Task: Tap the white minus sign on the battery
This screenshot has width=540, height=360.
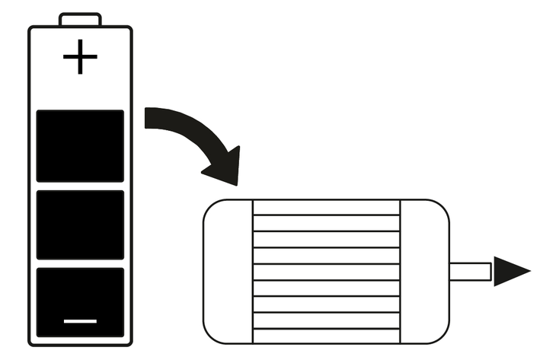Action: pyautogui.click(x=80, y=320)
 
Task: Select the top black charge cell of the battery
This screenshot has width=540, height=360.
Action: pyautogui.click(x=80, y=145)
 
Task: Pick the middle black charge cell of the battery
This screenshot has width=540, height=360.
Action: pyautogui.click(x=80, y=225)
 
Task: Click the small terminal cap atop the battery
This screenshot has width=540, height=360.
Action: pyautogui.click(x=80, y=19)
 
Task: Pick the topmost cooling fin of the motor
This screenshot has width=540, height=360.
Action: pyautogui.click(x=326, y=207)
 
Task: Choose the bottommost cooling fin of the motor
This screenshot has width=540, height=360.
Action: pyautogui.click(x=326, y=338)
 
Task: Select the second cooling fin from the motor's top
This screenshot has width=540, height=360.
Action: pyautogui.click(x=326, y=223)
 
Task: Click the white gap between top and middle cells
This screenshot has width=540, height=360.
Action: pyautogui.click(x=80, y=186)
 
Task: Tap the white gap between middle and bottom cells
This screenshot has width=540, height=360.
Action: pyautogui.click(x=80, y=264)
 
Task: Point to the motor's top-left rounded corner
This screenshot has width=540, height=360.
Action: pyautogui.click(x=210, y=207)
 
